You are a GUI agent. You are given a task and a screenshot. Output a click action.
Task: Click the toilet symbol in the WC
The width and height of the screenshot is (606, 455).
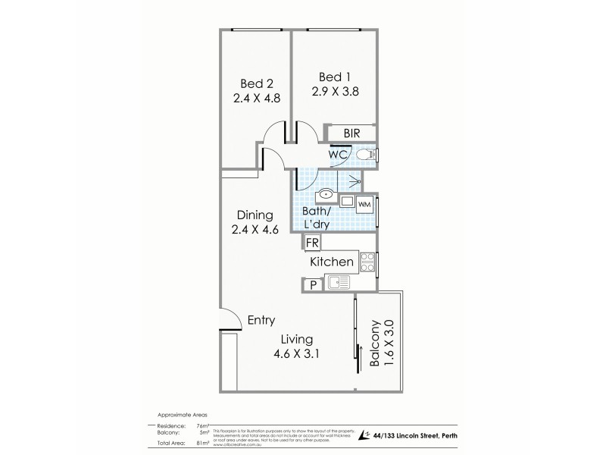point(366,155)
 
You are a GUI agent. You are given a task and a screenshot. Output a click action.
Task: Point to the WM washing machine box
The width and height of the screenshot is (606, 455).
point(364,204)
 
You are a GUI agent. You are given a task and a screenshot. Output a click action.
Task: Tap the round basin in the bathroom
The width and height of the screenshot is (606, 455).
point(325,194)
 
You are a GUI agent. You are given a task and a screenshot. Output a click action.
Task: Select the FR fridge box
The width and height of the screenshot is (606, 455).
point(311,244)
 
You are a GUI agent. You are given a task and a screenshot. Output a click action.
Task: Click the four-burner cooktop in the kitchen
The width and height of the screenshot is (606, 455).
point(367,262)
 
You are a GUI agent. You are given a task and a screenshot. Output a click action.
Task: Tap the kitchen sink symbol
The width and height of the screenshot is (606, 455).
point(339,284)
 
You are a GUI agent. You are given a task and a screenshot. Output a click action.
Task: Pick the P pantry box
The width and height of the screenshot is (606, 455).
point(311,285)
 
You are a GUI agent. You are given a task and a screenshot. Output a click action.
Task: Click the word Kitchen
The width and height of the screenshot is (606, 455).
point(333,262)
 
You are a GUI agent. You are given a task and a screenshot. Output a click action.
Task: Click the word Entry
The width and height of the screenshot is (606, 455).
point(261,320)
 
